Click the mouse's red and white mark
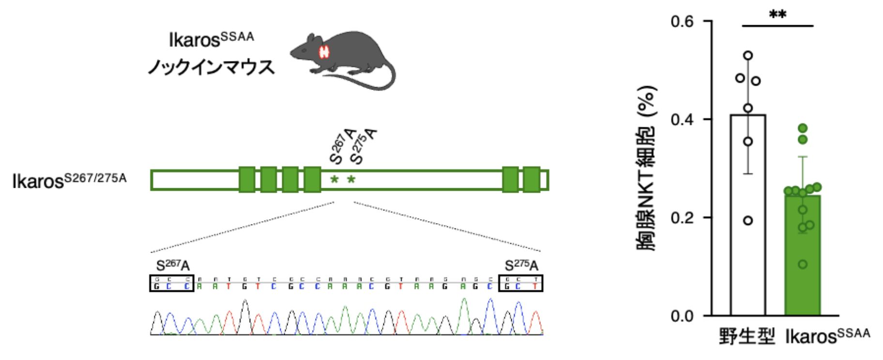[x=324, y=52]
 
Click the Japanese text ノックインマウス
[x=211, y=67]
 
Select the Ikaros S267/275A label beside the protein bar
[x=69, y=180]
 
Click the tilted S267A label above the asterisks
[x=343, y=146]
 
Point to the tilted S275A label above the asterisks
[x=363, y=146]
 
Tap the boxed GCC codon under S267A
[x=172, y=283]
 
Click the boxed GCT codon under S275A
[x=521, y=283]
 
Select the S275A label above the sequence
[x=521, y=266]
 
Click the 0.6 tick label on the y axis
[x=682, y=22]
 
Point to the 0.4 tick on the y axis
[x=682, y=120]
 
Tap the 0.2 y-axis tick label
[x=682, y=218]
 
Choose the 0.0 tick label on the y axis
[x=682, y=316]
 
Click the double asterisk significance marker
[x=777, y=15]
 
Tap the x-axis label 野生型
[x=747, y=336]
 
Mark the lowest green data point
[x=803, y=264]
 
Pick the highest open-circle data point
[x=748, y=56]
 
